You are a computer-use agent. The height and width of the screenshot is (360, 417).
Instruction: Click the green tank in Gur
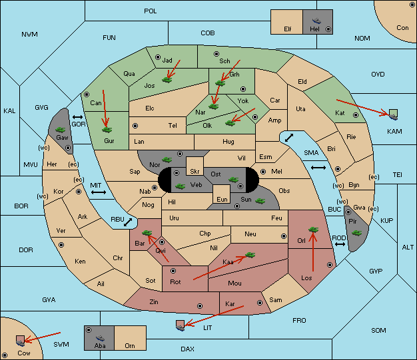[107, 130]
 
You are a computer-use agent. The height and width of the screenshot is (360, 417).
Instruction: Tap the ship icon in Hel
[316, 21]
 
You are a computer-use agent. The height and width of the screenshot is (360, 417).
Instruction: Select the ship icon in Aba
[100, 337]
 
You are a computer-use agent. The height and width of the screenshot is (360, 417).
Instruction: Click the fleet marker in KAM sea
[393, 114]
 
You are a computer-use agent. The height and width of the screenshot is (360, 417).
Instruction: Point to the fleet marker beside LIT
[181, 325]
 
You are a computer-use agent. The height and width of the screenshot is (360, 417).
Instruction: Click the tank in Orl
[313, 230]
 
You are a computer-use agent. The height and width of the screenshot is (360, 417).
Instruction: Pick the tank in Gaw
[61, 129]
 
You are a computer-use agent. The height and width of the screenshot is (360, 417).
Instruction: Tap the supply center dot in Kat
[356, 115]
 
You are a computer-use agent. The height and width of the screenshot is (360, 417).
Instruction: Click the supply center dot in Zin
[200, 306]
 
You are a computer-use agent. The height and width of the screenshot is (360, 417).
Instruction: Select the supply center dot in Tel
[135, 125]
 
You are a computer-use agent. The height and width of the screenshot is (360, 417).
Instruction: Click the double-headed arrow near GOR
[78, 117]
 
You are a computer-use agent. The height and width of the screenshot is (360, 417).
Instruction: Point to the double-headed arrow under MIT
[99, 192]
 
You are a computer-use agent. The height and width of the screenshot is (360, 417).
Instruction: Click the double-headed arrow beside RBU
[128, 222]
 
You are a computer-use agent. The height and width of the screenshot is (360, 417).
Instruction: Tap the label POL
[151, 11]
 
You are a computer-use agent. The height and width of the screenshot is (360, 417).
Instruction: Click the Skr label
[195, 172]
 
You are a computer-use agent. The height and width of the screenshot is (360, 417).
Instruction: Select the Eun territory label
[222, 199]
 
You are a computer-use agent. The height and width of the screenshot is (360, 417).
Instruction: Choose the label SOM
[378, 331]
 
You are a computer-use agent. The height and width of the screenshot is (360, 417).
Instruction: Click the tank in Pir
[356, 233]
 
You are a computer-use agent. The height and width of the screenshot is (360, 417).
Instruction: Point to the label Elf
[288, 29]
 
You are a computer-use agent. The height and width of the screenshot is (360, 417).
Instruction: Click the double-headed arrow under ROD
[340, 244]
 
